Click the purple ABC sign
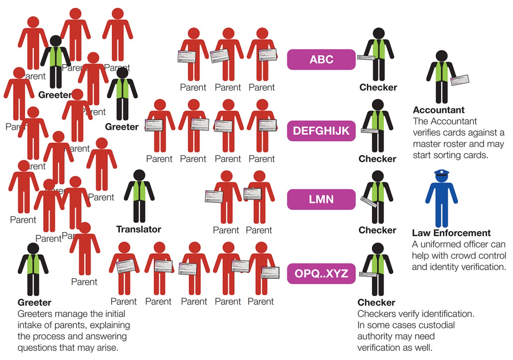(x=321, y=60)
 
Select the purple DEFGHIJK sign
(x=321, y=131)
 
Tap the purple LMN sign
(x=321, y=199)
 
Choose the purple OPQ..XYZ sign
(x=321, y=274)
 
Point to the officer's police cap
(x=441, y=172)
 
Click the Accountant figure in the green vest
(x=441, y=78)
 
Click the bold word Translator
(x=139, y=230)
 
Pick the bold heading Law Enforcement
(x=451, y=233)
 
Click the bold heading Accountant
(x=439, y=110)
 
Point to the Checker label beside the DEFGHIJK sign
(x=378, y=159)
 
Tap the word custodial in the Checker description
(x=436, y=325)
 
